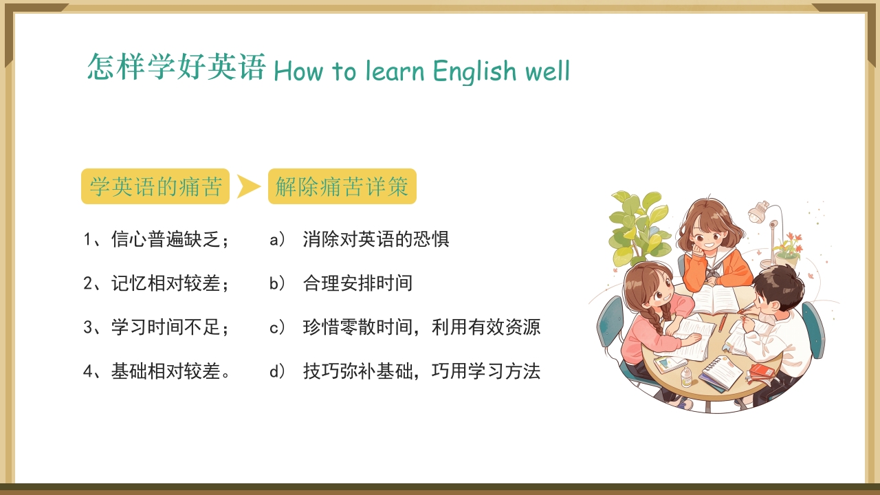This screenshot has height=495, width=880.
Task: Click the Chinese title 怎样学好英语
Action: click(176, 67)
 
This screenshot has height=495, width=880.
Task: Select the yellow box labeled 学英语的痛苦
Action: click(155, 186)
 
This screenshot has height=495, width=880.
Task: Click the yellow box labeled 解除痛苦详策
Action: click(342, 186)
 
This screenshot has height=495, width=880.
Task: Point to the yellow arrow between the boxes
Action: click(248, 186)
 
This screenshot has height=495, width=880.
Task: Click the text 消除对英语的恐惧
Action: click(375, 239)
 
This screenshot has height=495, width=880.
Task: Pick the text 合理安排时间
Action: click(357, 283)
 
